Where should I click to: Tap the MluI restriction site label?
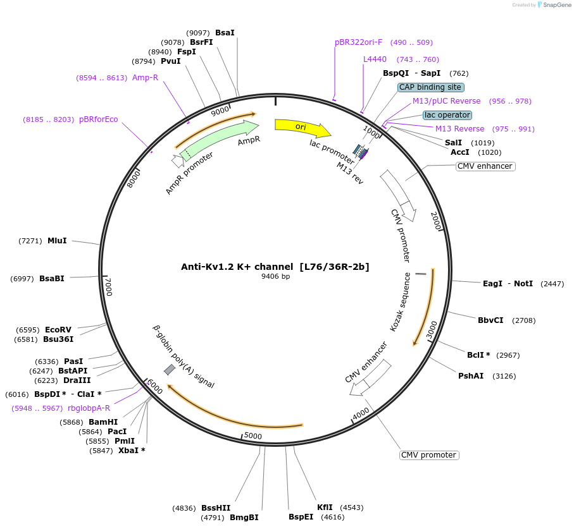coord(57,241)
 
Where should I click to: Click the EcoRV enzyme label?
coord(58,330)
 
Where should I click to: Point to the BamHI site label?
coord(103,422)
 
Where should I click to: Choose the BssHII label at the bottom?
coord(216,508)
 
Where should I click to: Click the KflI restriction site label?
coord(325,508)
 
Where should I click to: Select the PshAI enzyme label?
coord(471,376)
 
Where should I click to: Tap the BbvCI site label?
coord(490,320)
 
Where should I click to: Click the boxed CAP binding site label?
coord(431,87)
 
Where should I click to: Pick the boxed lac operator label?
coord(447,115)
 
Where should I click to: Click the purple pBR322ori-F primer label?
coord(359,42)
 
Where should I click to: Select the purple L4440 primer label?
coord(375,59)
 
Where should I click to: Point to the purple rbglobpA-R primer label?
coord(89,408)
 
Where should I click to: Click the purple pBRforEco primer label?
coord(98,119)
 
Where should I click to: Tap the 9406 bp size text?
coord(275,276)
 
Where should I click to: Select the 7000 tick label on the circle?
coord(108,286)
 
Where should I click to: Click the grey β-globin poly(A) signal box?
coord(170,370)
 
